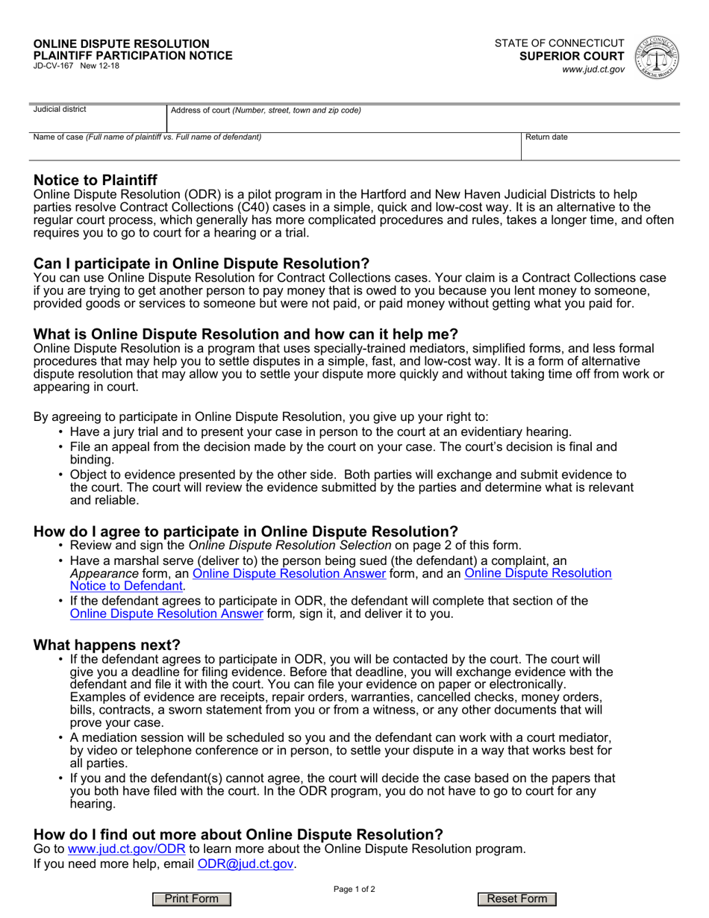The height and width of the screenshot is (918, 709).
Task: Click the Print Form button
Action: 192,899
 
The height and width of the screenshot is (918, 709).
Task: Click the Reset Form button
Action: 517,899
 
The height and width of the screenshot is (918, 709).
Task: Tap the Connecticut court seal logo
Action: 656,57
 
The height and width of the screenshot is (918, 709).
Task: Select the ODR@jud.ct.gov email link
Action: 245,864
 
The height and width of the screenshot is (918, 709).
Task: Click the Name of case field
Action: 276,148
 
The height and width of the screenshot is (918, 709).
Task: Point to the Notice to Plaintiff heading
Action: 96,180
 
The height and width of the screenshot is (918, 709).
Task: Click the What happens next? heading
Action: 107,644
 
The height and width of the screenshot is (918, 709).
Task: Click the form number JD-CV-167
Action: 54,66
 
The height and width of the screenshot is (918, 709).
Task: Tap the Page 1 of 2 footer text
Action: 354,889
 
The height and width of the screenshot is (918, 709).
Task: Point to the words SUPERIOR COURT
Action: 572,56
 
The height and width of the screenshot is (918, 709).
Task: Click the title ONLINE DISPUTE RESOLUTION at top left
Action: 122,44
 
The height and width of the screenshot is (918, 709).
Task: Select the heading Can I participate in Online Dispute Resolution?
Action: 202,263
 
